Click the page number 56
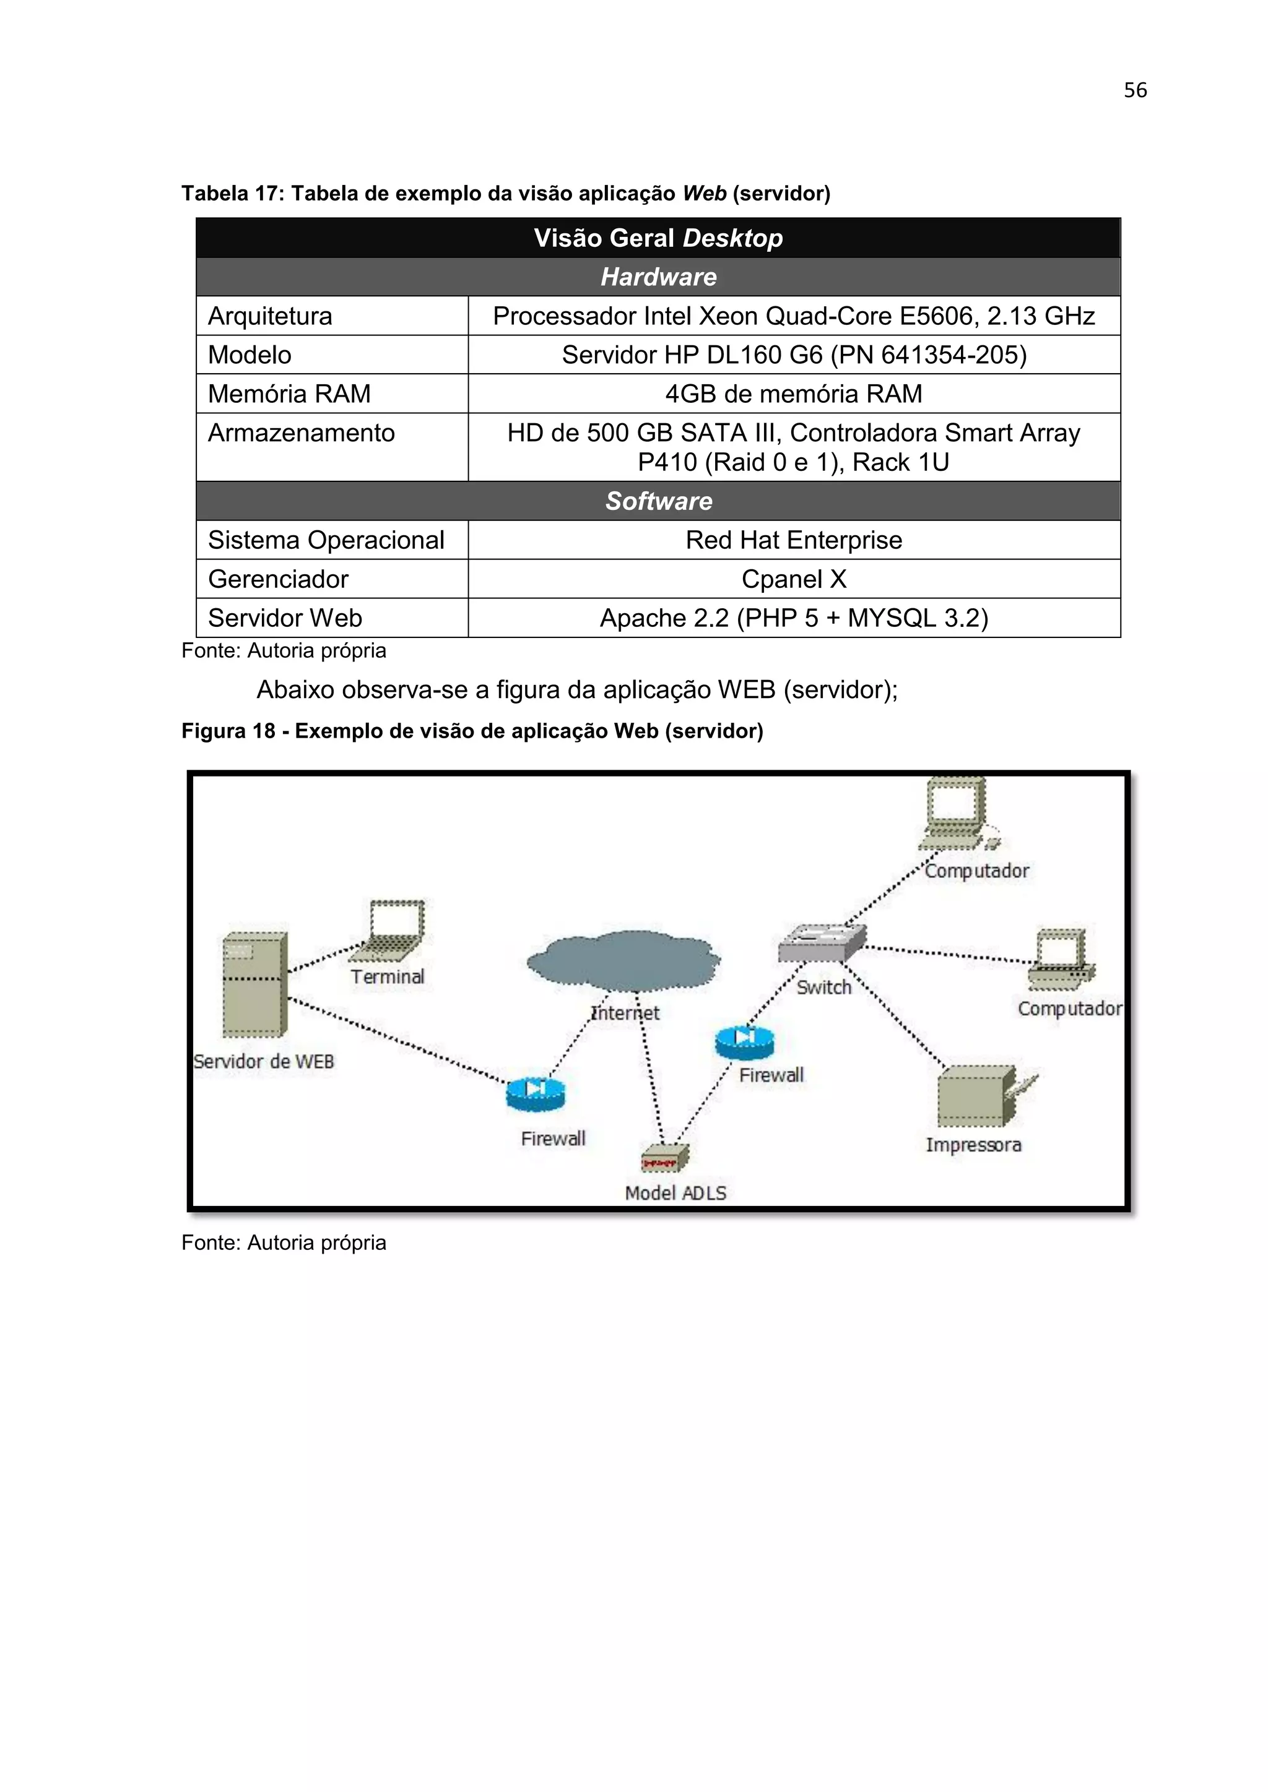pos(1134,90)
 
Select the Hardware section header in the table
pos(658,277)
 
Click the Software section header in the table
pos(658,501)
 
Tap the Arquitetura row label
pos(270,316)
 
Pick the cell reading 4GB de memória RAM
pos(793,394)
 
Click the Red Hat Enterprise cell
pos(793,540)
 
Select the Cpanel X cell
pos(793,579)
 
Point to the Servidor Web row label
pos(285,618)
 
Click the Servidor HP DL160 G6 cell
pos(793,355)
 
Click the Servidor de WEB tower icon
pos(254,985)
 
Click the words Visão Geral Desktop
pos(658,238)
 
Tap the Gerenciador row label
pos(278,579)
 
